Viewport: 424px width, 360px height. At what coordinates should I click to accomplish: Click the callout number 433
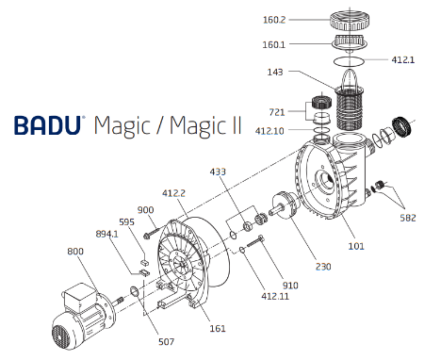coord(219,172)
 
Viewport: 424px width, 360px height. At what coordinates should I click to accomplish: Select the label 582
coord(406,219)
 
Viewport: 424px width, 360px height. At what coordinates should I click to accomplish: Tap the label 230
coord(322,267)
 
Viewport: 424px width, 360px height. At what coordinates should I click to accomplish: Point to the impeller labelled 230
coord(284,206)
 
